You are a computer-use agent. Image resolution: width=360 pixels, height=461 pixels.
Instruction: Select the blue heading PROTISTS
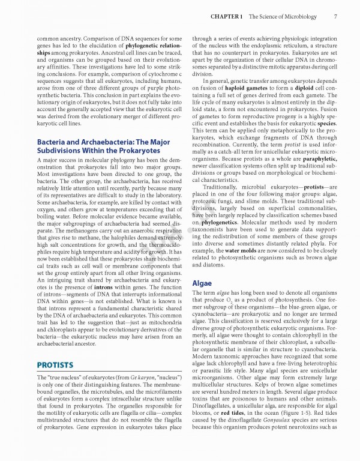pos(55,364)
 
